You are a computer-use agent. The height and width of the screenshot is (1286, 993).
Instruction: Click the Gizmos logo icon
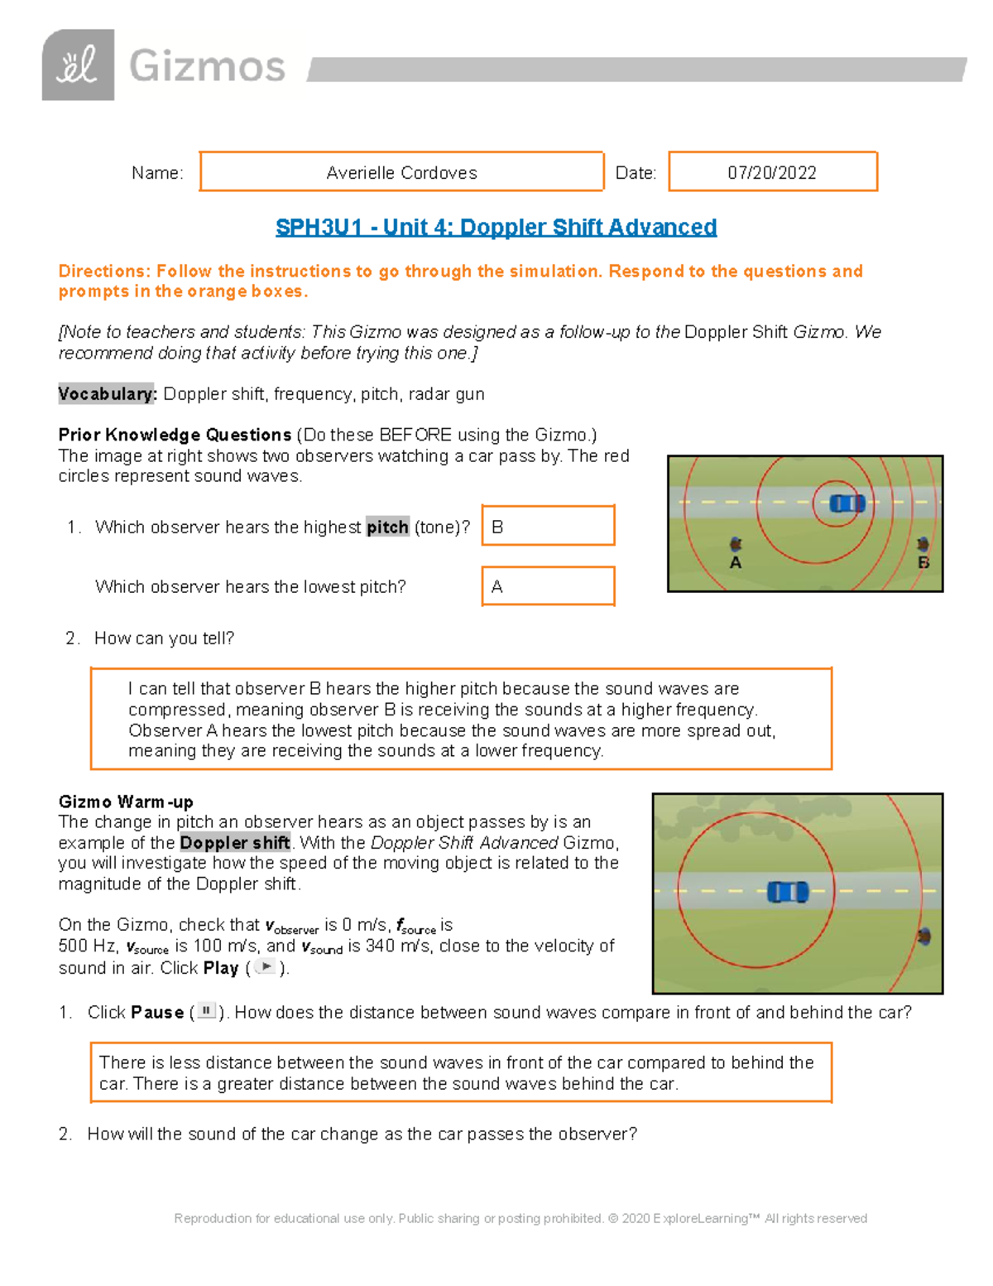click(x=78, y=65)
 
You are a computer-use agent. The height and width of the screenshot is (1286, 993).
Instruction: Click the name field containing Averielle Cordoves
click(x=401, y=172)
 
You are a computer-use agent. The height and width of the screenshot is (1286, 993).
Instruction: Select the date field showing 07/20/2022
click(x=772, y=172)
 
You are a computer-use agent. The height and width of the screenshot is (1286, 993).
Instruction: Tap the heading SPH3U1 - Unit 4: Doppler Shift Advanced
click(x=496, y=227)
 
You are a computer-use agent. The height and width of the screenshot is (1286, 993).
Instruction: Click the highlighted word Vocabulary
click(x=107, y=394)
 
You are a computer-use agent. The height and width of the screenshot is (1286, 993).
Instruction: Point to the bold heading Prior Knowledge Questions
click(x=175, y=435)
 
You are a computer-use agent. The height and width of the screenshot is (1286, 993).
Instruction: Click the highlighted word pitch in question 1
click(x=387, y=527)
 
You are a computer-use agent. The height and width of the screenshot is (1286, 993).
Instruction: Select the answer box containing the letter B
click(x=548, y=526)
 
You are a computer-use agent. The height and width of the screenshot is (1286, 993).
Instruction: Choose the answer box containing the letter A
click(x=548, y=586)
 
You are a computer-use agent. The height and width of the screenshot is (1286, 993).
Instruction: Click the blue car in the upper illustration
click(x=847, y=503)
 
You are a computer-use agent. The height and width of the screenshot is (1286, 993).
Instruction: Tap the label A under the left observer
click(x=736, y=563)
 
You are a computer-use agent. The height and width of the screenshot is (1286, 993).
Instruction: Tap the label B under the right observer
click(x=923, y=563)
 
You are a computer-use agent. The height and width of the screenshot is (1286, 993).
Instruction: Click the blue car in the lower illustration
click(x=787, y=892)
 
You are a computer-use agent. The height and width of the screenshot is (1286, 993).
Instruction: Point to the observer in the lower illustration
click(x=924, y=937)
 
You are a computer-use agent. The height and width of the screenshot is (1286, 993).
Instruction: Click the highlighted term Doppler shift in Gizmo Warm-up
click(x=235, y=843)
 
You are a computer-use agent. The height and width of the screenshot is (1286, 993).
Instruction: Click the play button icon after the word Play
click(x=266, y=967)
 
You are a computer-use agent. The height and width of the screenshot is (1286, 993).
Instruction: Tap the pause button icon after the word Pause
click(x=206, y=1011)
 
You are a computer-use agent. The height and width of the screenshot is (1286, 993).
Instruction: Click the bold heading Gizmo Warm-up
click(x=126, y=802)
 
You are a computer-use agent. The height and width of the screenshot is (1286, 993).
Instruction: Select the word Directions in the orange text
click(x=103, y=272)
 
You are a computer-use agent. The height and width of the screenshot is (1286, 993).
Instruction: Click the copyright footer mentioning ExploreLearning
click(x=520, y=1218)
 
